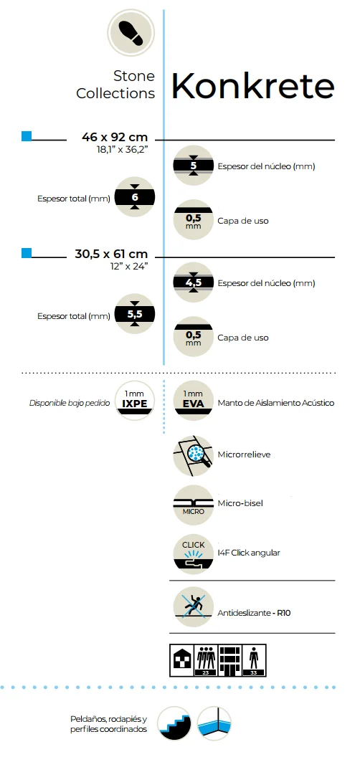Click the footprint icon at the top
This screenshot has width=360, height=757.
(x=131, y=32)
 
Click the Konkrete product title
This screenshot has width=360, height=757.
(x=252, y=87)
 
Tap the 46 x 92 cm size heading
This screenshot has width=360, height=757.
(x=115, y=137)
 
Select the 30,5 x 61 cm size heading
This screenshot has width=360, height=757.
(x=112, y=254)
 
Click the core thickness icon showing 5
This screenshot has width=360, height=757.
(x=194, y=166)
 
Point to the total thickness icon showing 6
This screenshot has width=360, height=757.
(x=135, y=197)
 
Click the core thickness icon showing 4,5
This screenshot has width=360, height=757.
(x=194, y=282)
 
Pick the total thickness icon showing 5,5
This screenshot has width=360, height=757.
(x=135, y=314)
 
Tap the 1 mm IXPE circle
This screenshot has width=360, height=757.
(x=135, y=400)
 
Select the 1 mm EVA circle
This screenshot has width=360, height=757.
(x=194, y=401)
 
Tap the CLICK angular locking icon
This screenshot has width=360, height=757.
(x=194, y=553)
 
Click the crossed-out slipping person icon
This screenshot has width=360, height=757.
(x=194, y=607)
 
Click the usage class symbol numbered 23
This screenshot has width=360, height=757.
(x=205, y=660)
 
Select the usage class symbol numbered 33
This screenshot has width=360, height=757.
(x=254, y=660)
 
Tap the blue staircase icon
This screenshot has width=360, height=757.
(x=174, y=723)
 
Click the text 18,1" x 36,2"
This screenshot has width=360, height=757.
(x=122, y=149)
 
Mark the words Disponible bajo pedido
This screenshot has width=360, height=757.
(x=70, y=403)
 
